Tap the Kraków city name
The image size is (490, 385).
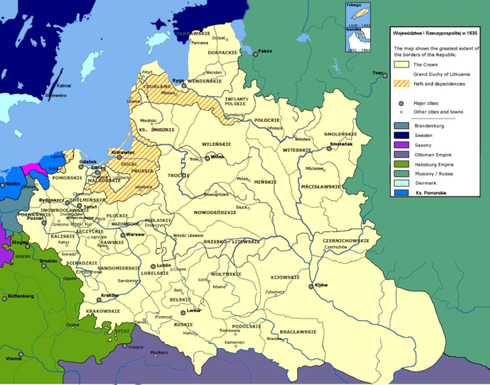pos(110,295)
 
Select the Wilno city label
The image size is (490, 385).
pos(217,157)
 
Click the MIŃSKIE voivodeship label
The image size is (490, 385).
pos(264,183)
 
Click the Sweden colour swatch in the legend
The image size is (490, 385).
pos(400,136)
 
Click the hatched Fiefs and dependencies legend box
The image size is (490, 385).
pos(400,85)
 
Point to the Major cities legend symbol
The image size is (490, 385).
pos(400,103)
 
